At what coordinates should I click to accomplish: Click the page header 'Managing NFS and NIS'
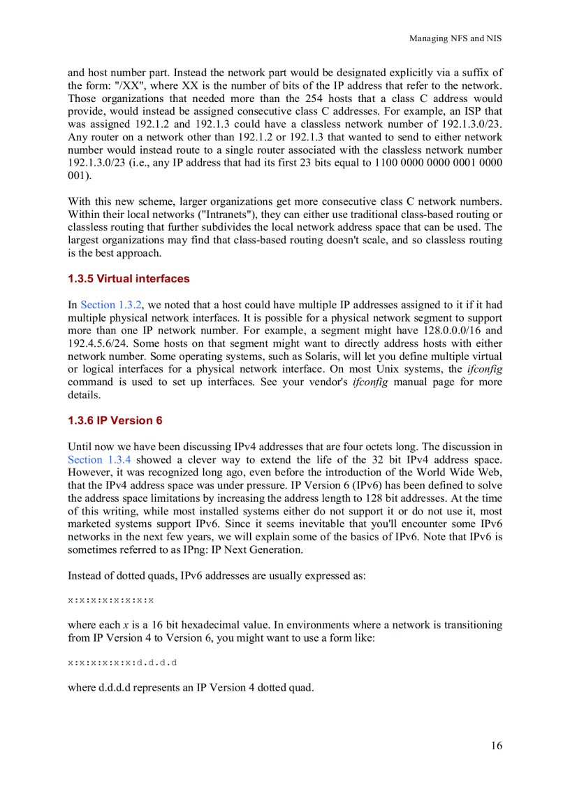click(x=455, y=38)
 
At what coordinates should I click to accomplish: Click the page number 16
click(x=495, y=746)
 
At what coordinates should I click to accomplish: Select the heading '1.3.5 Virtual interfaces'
click(x=129, y=279)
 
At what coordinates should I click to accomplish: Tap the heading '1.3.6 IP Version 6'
click(x=115, y=421)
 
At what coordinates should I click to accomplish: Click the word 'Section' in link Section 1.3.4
click(x=85, y=459)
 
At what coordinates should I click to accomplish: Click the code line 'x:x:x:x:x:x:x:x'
click(x=110, y=600)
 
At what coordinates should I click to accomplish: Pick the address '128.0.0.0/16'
click(x=453, y=331)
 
